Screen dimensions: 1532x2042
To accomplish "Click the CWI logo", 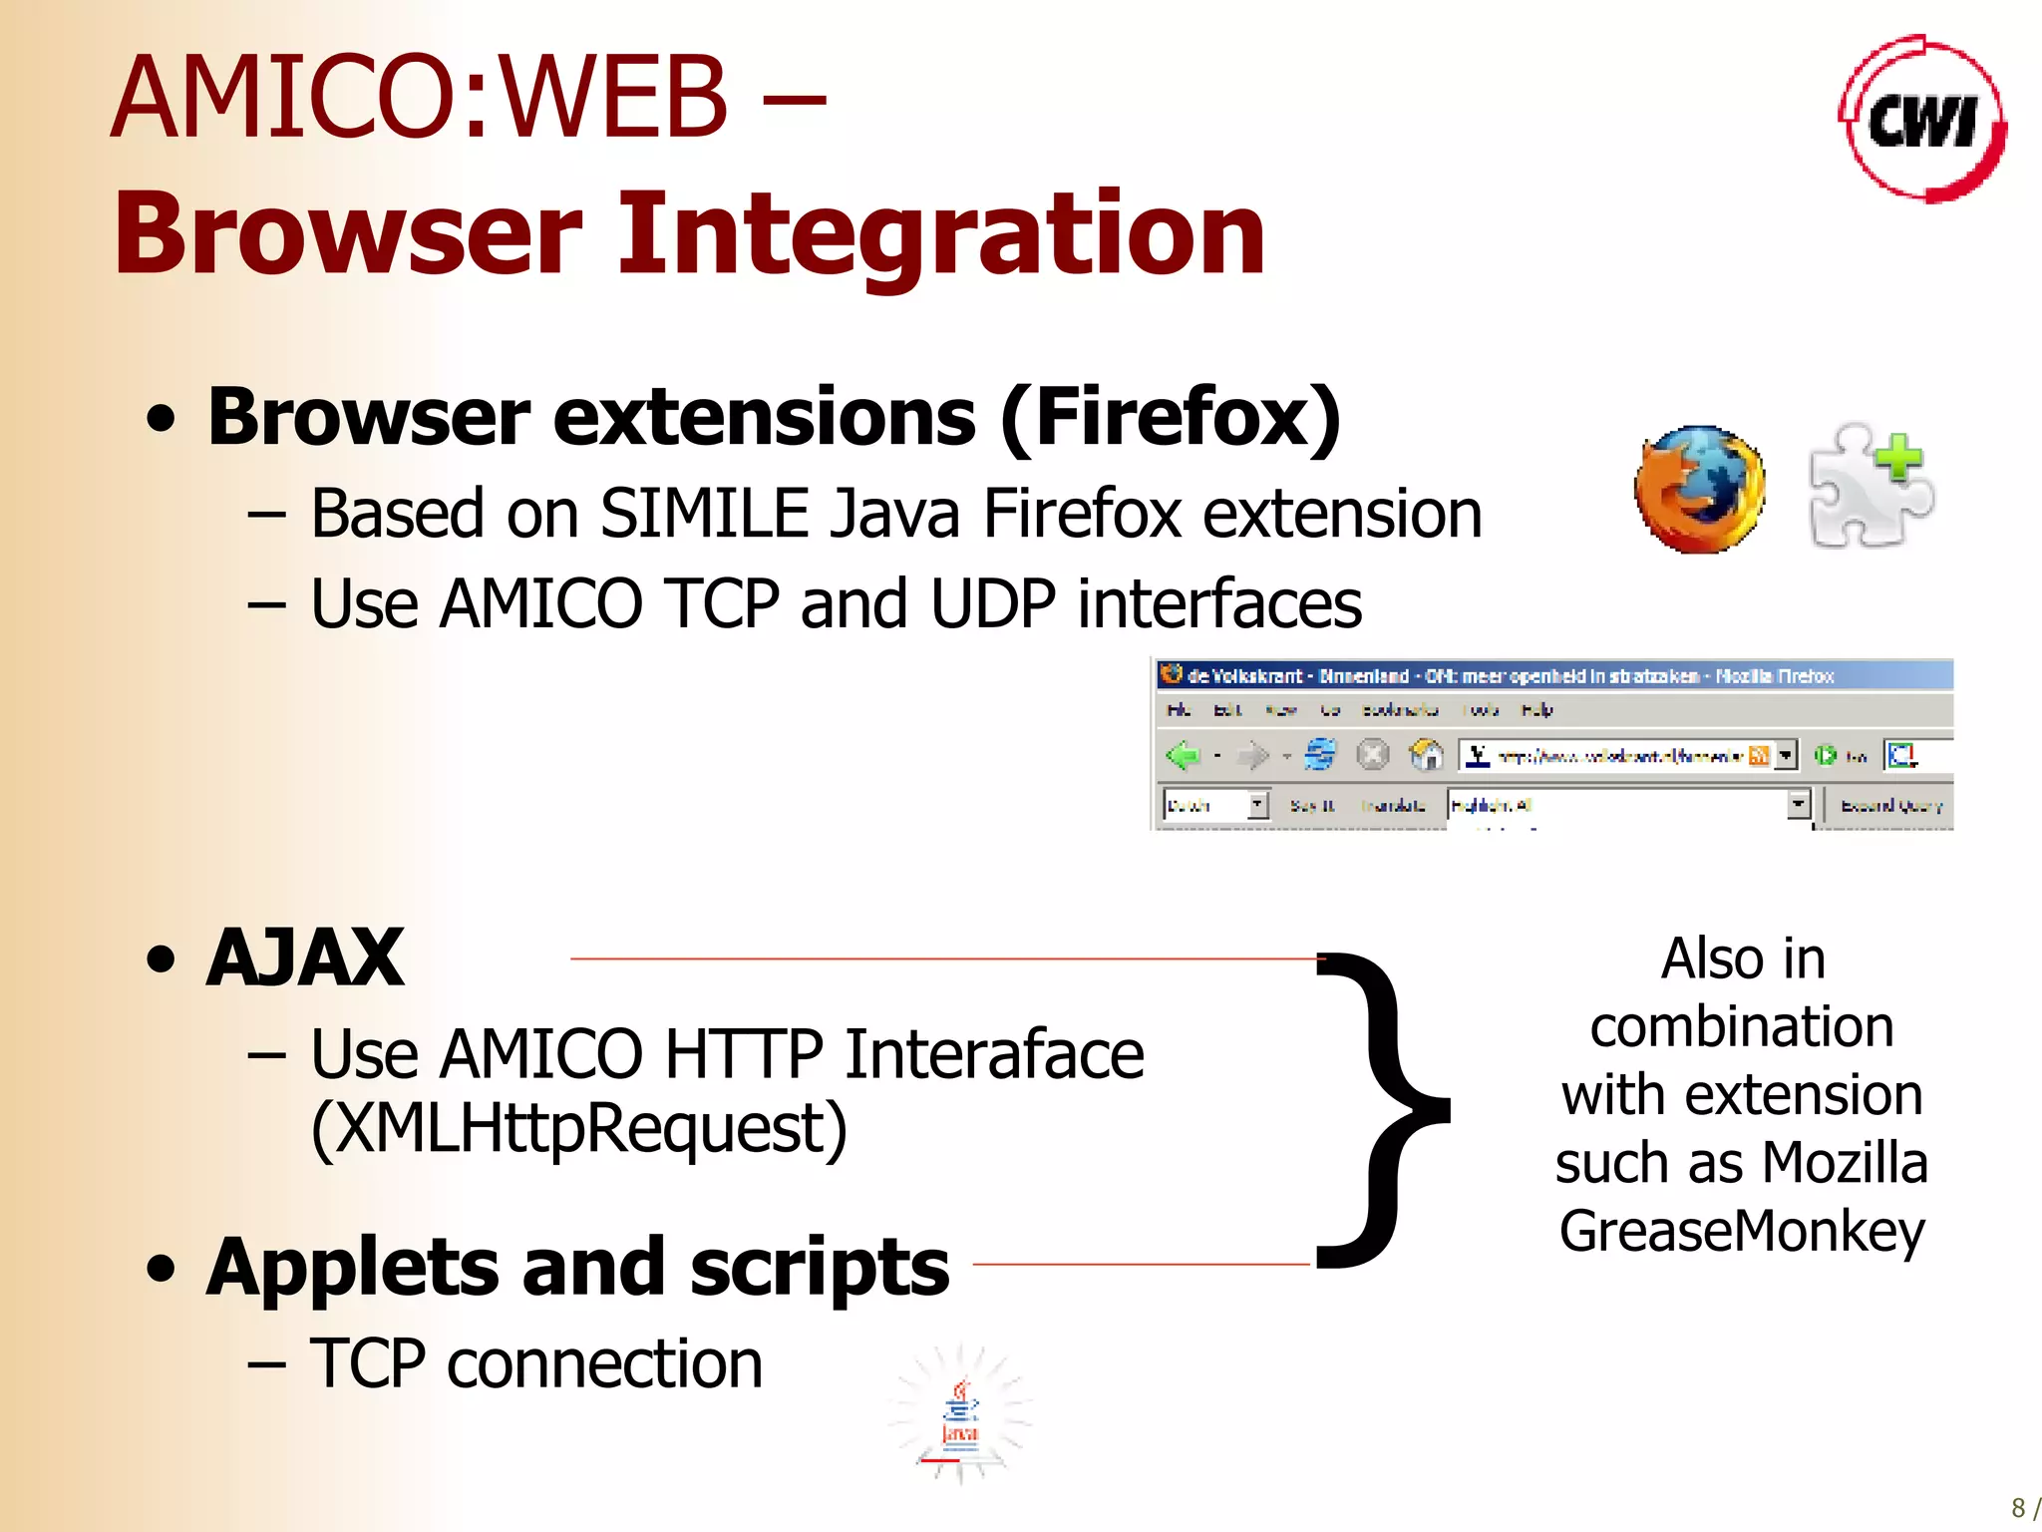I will [x=1921, y=120].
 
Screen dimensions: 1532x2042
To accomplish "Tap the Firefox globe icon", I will [x=1699, y=489].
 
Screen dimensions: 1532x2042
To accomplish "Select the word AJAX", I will [x=304, y=958].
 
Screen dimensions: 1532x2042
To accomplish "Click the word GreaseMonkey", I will [x=1742, y=1232].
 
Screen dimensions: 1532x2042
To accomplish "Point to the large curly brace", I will [x=1381, y=1109].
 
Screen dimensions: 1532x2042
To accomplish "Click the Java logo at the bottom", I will [x=960, y=1416].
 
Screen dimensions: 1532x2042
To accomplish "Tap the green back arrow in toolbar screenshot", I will [x=1184, y=755].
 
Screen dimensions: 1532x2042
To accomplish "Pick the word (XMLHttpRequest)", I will [x=578, y=1130].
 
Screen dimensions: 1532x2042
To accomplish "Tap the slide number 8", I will [x=2018, y=1507].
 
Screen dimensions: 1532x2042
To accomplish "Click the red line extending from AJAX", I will [x=937, y=958].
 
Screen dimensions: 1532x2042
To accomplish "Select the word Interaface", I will [x=994, y=1054].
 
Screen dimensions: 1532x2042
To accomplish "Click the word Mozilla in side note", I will [x=1845, y=1164].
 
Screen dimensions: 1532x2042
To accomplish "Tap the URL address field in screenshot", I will [x=1619, y=756].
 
